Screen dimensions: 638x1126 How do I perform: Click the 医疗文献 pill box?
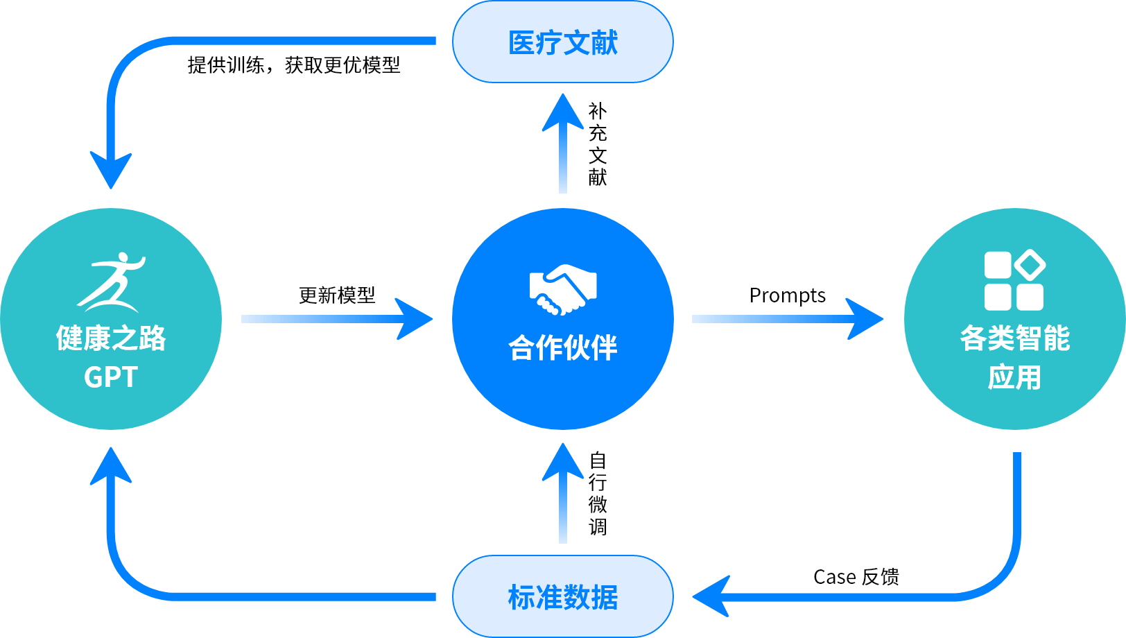[x=562, y=42]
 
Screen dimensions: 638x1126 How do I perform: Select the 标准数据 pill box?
[x=562, y=596]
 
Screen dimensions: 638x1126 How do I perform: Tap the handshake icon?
[x=563, y=289]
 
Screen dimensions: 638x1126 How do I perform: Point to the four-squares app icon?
[x=1014, y=280]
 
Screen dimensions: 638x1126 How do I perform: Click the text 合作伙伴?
[x=562, y=347]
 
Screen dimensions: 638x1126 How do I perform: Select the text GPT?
[x=111, y=377]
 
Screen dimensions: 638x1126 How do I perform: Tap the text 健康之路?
[x=111, y=338]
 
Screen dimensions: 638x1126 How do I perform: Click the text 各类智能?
[x=1014, y=338]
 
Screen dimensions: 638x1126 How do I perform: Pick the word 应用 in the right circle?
[x=1014, y=377]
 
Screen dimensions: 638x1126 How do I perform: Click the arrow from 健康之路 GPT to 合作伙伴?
[x=336, y=319]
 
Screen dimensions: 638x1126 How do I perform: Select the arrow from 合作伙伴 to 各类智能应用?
[x=787, y=319]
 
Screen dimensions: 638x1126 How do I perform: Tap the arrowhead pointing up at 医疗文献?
[x=562, y=113]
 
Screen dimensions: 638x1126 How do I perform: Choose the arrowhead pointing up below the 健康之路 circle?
[x=111, y=467]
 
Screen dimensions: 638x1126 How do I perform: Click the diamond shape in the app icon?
[x=1030, y=265]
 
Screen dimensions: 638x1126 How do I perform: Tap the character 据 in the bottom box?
[x=605, y=597]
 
